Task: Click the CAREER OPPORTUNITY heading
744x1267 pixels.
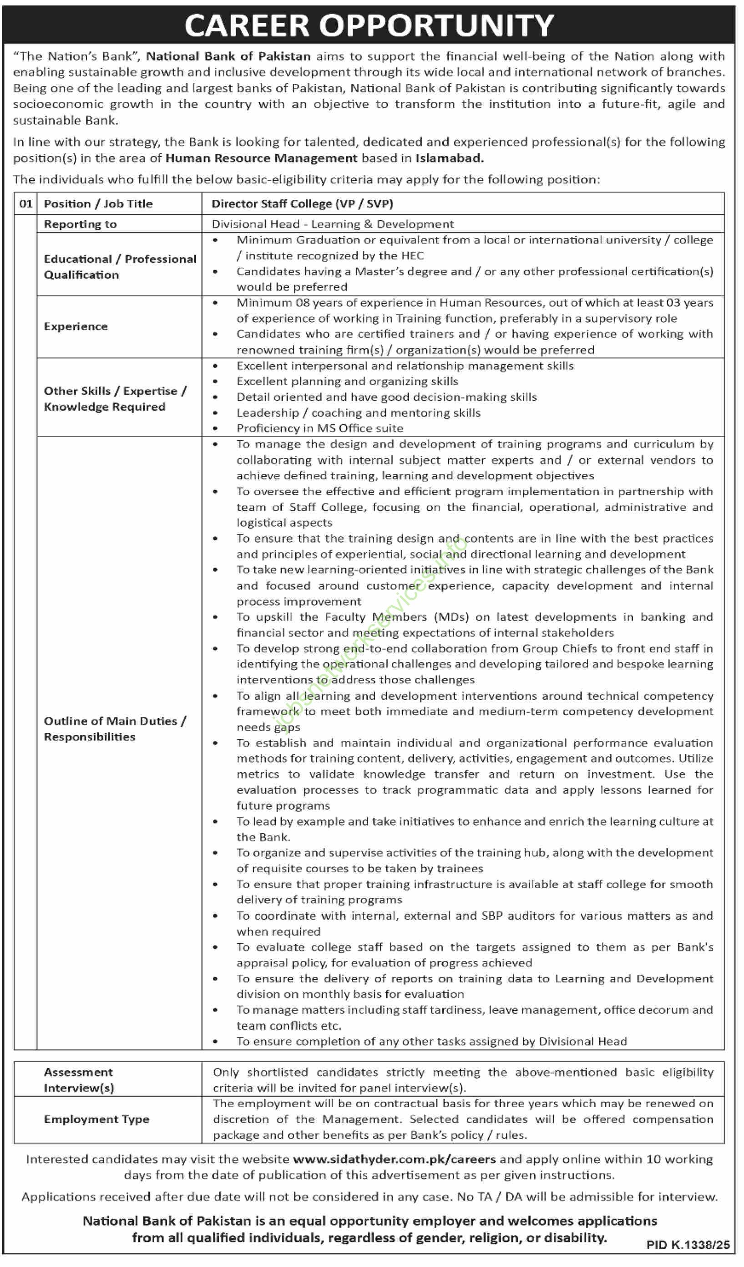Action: tap(369, 25)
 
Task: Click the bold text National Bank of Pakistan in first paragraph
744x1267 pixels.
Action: tap(228, 56)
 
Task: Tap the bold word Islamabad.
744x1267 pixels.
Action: tap(450, 158)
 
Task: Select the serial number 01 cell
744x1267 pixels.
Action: tap(25, 204)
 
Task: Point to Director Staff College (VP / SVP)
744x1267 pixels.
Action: tap(302, 204)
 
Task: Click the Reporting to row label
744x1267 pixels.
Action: tap(81, 225)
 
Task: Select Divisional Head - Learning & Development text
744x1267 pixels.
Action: tap(332, 224)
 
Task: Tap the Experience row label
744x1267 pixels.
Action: tap(76, 327)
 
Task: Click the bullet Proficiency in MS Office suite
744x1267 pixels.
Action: tap(320, 428)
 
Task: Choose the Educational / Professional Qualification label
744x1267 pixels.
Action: tap(120, 267)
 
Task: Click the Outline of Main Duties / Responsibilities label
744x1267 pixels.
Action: tap(115, 728)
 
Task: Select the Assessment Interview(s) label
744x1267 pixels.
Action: tap(78, 1080)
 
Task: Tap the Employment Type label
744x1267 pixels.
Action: tap(96, 1119)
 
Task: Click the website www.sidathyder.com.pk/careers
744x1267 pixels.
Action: tap(394, 1160)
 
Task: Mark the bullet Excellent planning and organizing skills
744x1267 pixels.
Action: tap(347, 382)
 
